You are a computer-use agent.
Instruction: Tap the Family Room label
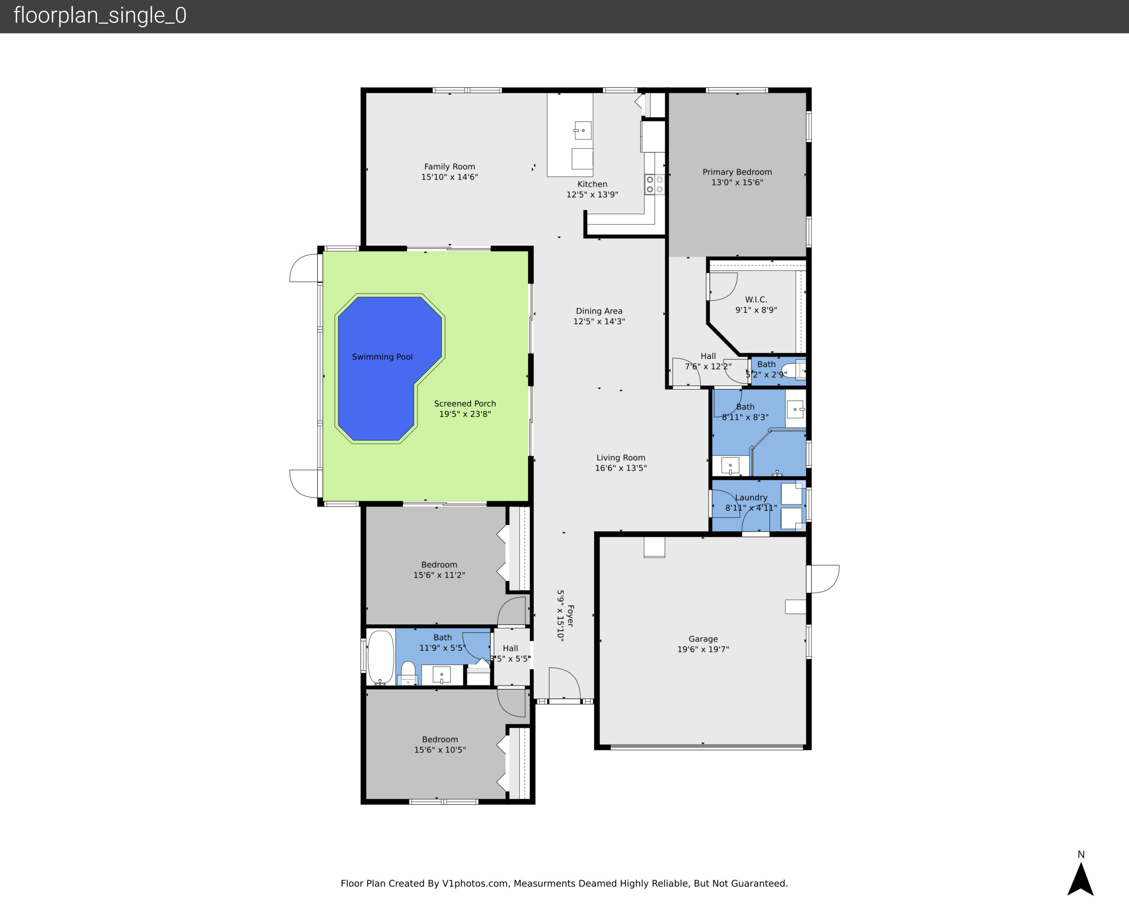tap(449, 167)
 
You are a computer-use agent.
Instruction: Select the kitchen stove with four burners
tap(654, 184)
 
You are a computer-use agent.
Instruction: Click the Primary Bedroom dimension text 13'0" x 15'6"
tap(737, 182)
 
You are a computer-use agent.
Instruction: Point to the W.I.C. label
tap(756, 299)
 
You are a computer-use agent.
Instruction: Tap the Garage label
tap(703, 639)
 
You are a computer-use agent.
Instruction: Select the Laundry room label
tap(751, 498)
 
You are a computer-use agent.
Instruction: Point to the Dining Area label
tap(599, 311)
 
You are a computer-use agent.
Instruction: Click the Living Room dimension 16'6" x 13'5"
tap(621, 468)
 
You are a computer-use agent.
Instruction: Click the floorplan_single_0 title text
tap(100, 15)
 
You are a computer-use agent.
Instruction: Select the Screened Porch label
tap(465, 404)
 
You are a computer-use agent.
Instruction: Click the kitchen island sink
tap(582, 130)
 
